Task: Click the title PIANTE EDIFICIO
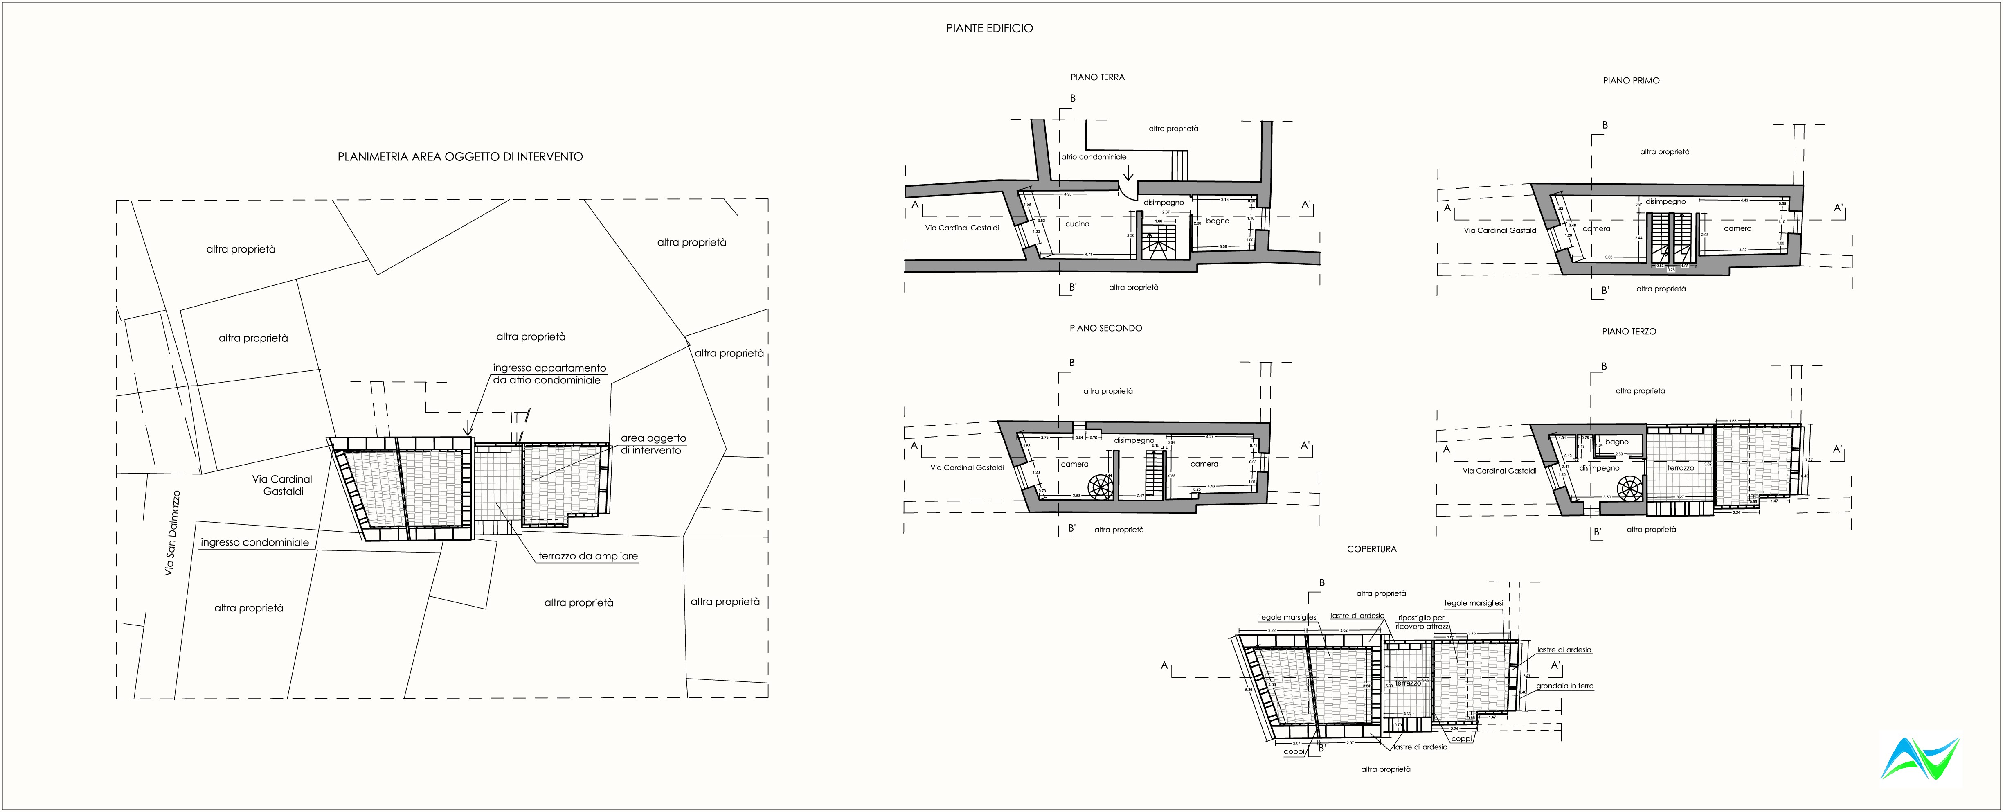pos(989,28)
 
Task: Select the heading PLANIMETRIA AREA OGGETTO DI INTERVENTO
pos(459,156)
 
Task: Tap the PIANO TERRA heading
pos(1097,77)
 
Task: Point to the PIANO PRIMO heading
pos(1631,80)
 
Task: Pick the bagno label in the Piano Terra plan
pos(1218,221)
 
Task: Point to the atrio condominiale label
pos(1093,156)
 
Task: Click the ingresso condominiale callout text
pos(254,542)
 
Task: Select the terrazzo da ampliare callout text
pos(588,556)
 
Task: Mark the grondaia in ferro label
pos(1564,686)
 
